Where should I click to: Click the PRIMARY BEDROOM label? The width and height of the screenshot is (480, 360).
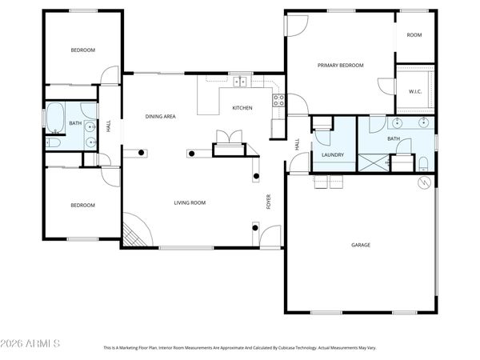point(340,66)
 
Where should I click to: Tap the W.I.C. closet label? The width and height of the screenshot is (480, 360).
point(414,90)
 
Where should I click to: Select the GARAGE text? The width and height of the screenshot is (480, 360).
point(361,245)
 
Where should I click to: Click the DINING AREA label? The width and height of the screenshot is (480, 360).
point(160,117)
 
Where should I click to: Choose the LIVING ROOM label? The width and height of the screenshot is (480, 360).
point(190,203)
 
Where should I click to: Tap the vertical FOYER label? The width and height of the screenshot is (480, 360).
point(269,202)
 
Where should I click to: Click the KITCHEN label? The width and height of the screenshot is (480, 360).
point(242,108)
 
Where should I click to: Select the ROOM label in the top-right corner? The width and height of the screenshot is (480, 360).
point(414,35)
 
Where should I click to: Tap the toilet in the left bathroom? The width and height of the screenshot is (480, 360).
point(54,143)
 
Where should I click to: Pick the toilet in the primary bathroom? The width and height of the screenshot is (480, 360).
point(423,164)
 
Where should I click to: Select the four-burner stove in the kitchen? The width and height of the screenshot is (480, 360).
point(279,101)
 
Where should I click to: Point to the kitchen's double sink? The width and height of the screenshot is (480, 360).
point(240,80)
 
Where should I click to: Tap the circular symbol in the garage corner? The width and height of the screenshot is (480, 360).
point(424,182)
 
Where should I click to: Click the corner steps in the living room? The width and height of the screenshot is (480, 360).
point(136,234)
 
